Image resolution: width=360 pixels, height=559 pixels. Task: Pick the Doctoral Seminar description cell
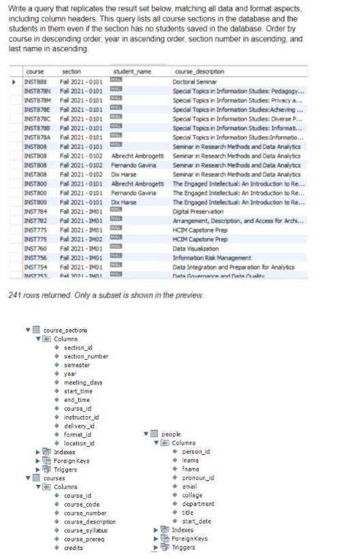coord(195,82)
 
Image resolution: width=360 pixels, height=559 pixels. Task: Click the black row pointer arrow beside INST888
coord(14,82)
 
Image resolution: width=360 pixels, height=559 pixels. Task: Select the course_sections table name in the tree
coord(65,331)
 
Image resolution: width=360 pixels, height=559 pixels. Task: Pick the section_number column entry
coord(86,356)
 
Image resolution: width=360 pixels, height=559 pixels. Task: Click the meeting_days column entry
coord(84,382)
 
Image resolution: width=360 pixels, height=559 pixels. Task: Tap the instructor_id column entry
coord(82,417)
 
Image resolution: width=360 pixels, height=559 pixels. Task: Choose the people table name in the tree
coord(171,434)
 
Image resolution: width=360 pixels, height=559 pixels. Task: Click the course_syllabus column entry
coord(86,530)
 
